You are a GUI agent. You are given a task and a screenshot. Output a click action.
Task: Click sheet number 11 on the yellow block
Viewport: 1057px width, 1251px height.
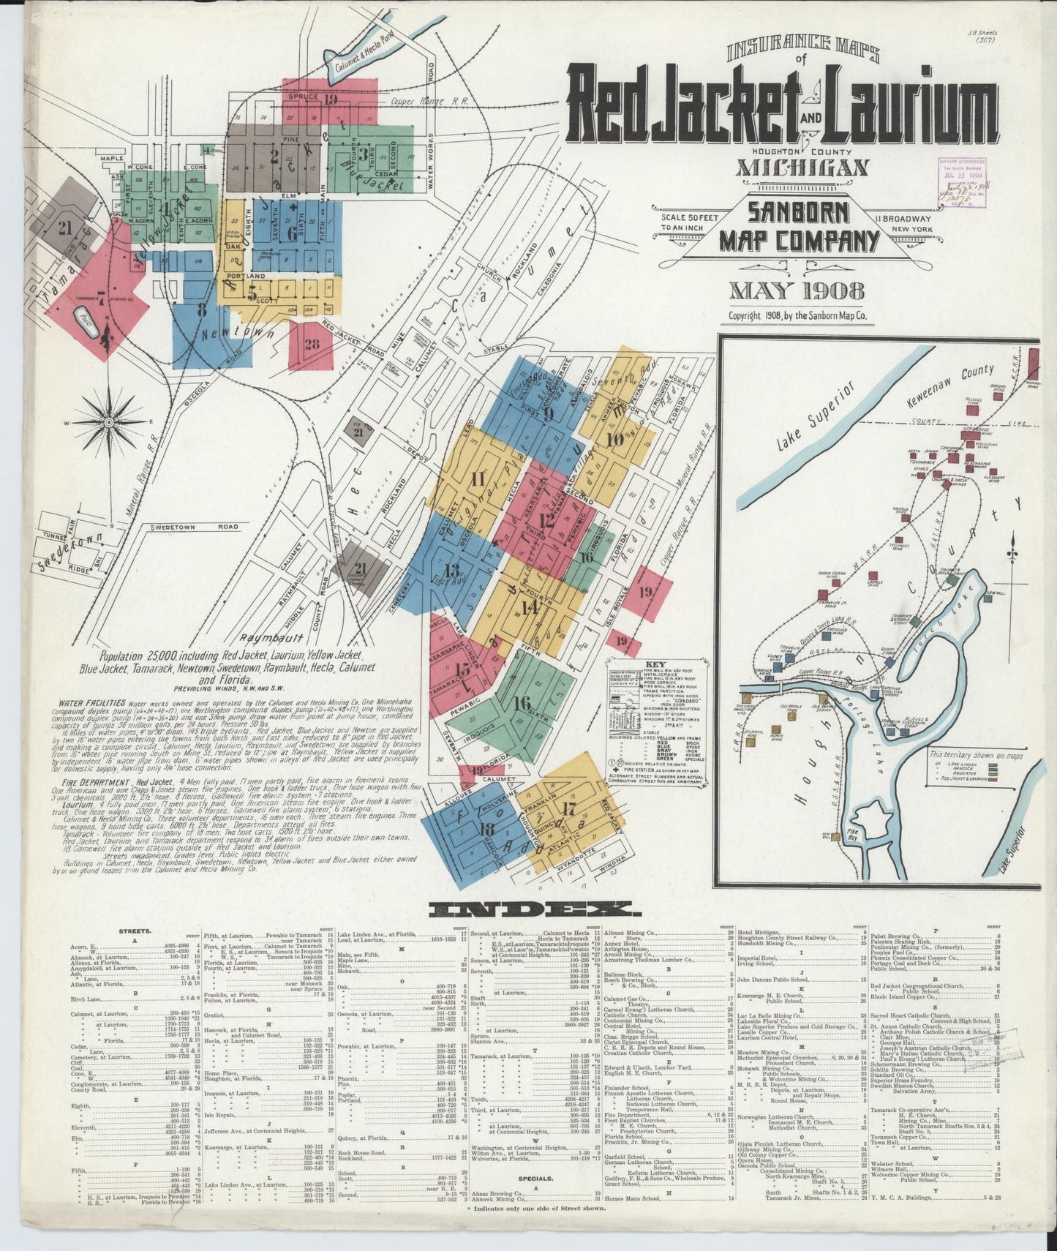point(478,480)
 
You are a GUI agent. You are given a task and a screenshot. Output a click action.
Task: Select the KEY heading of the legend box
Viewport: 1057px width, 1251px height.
point(654,666)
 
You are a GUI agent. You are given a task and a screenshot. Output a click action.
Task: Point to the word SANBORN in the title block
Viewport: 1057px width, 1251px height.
point(798,212)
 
